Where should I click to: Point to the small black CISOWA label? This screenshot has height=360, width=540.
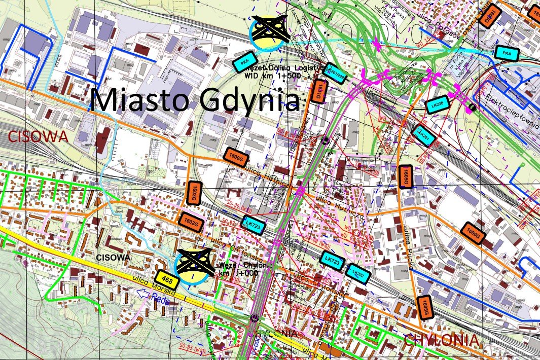(x=113, y=258)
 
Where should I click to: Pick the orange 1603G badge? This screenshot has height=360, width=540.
(x=195, y=193)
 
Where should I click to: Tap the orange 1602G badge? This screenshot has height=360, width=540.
(x=191, y=223)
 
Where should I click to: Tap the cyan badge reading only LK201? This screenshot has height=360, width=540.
(x=422, y=135)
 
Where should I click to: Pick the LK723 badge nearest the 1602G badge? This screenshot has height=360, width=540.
(x=252, y=225)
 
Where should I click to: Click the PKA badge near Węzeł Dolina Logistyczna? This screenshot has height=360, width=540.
(x=245, y=61)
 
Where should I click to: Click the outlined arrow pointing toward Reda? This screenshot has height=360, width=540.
(x=147, y=294)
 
